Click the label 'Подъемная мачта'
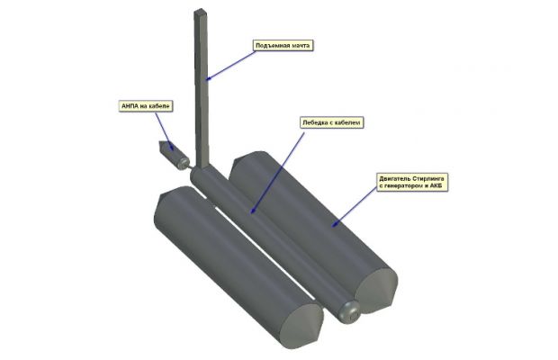[x=283, y=46]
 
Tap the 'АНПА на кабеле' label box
[x=146, y=106]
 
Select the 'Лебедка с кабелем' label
[x=331, y=122]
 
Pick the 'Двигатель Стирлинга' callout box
[x=412, y=182]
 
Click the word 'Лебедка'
[x=315, y=122]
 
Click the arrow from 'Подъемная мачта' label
[x=231, y=65]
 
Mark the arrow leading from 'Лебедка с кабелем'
[x=277, y=173]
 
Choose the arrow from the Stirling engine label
[x=355, y=207]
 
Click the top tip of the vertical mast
[x=200, y=10]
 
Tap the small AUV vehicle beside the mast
[x=173, y=155]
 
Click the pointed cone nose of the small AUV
[x=162, y=145]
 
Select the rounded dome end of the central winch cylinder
[x=349, y=312]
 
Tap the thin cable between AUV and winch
[x=191, y=168]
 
